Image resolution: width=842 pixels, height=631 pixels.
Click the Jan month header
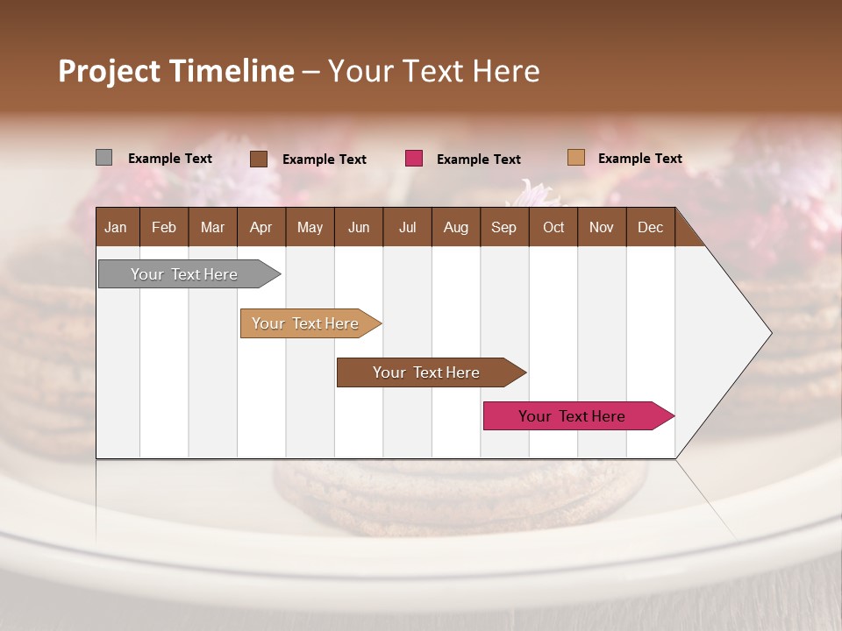point(116,227)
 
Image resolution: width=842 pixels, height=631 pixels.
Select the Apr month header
point(260,227)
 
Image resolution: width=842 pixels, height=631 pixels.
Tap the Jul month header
point(407,227)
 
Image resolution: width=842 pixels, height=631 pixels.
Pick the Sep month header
point(503,227)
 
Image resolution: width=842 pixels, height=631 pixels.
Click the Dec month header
point(650,227)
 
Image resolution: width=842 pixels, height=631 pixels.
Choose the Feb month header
point(164,227)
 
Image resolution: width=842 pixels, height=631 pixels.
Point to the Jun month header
point(359,227)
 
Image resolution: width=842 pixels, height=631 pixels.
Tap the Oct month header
point(553,227)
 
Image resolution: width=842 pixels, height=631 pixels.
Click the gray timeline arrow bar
point(184,274)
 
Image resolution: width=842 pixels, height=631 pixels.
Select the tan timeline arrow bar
point(305,323)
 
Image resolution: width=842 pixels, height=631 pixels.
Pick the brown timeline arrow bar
point(426,372)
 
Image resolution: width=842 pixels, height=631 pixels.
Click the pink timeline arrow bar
point(572,416)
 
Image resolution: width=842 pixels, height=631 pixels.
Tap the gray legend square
point(103,158)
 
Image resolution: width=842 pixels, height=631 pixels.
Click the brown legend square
point(258,159)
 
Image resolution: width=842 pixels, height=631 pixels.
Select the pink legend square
point(414,159)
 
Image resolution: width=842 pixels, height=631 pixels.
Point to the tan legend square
point(575,158)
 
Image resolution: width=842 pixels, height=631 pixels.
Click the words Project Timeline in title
point(175,71)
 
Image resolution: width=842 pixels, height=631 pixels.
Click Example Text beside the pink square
point(478,160)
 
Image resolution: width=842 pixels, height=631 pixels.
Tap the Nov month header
point(601,227)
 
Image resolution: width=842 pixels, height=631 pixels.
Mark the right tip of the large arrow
point(770,332)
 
